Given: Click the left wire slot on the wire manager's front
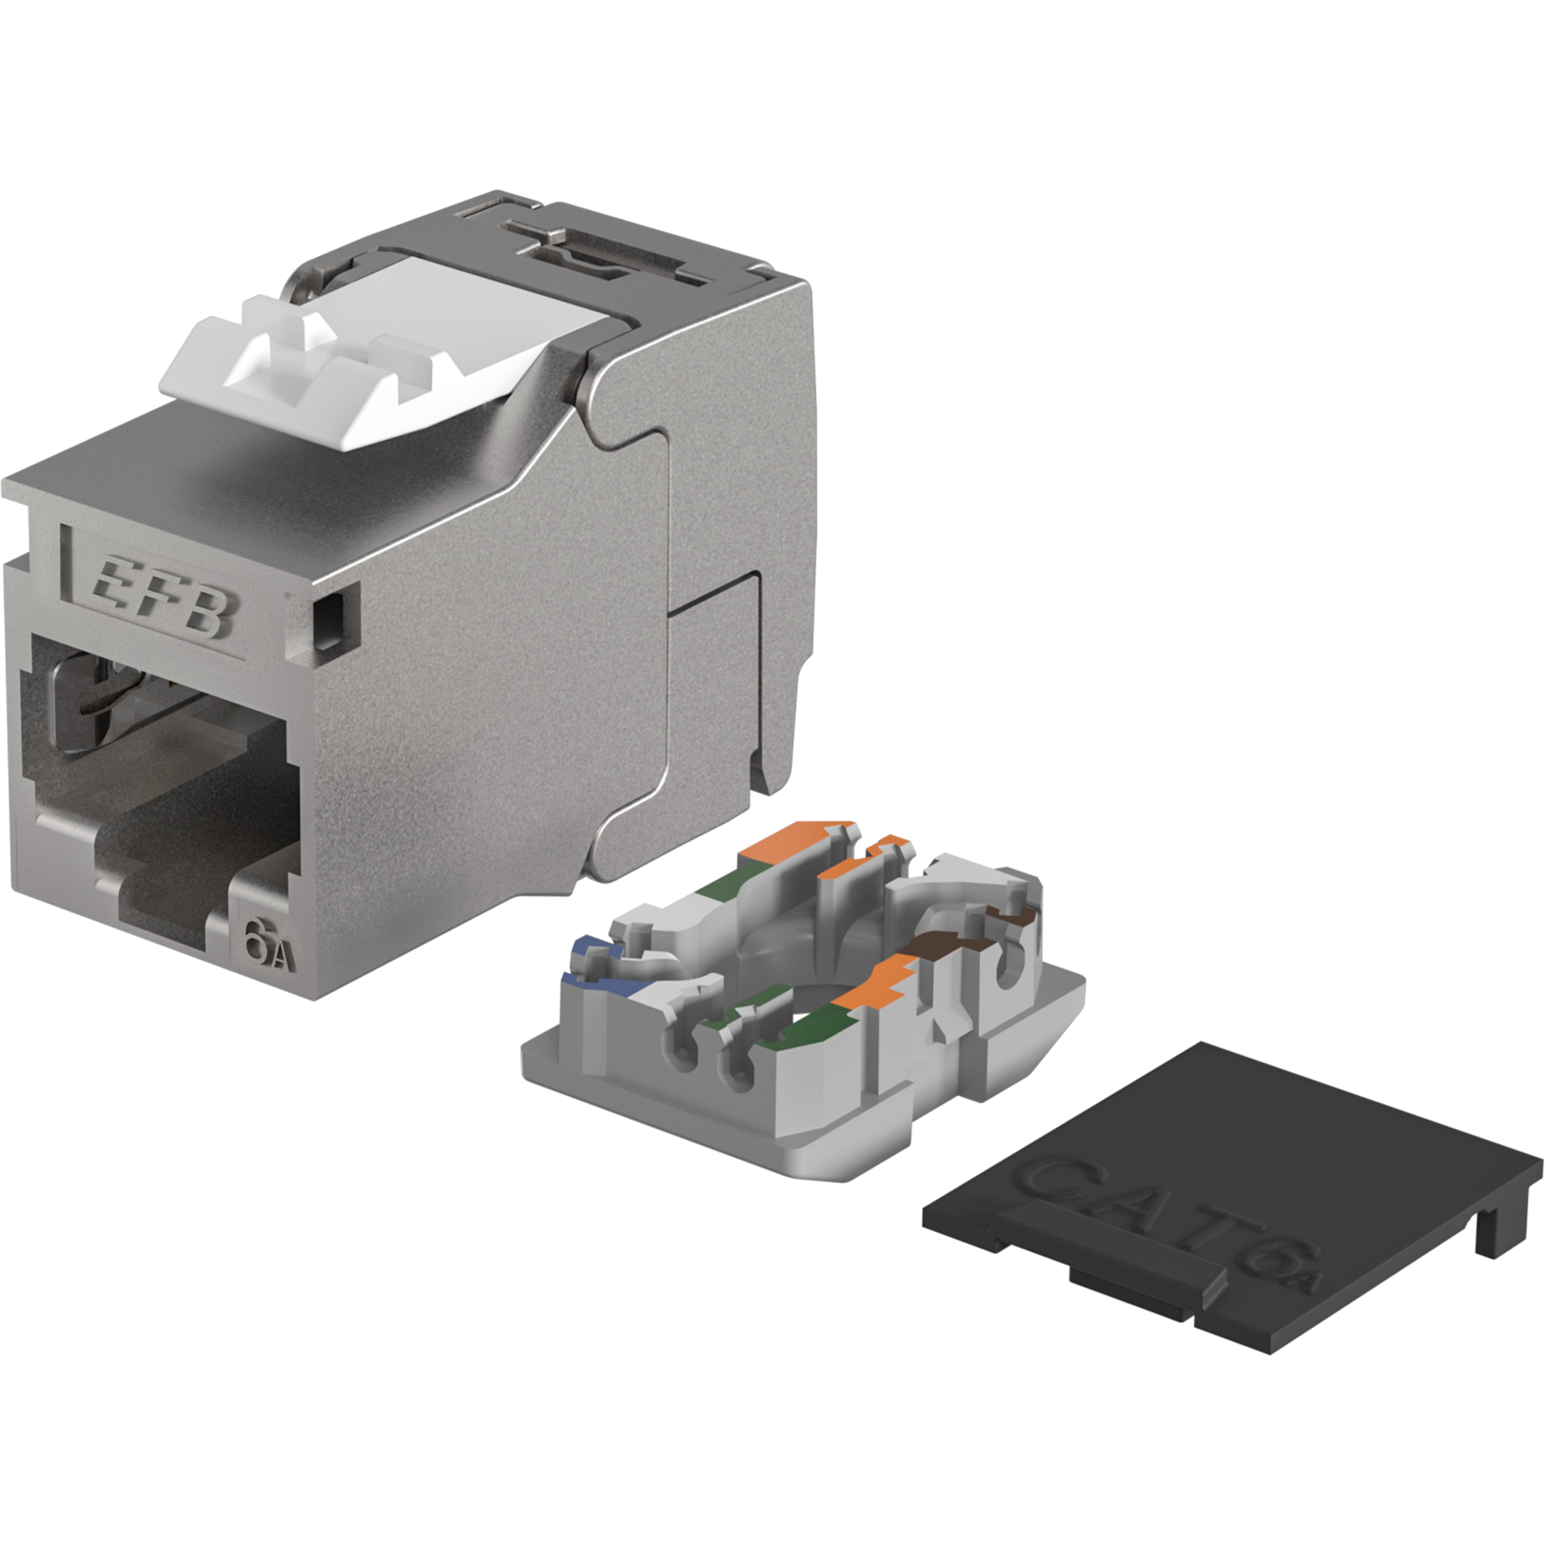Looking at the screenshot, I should pos(684,1054).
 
